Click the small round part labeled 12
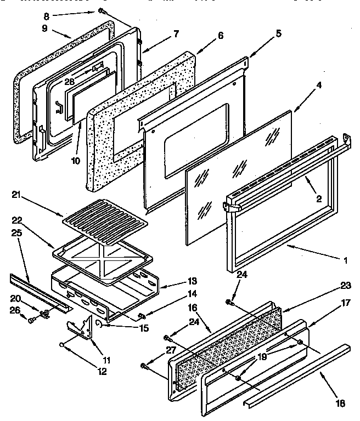point(64,346)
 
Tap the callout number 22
point(17,220)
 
